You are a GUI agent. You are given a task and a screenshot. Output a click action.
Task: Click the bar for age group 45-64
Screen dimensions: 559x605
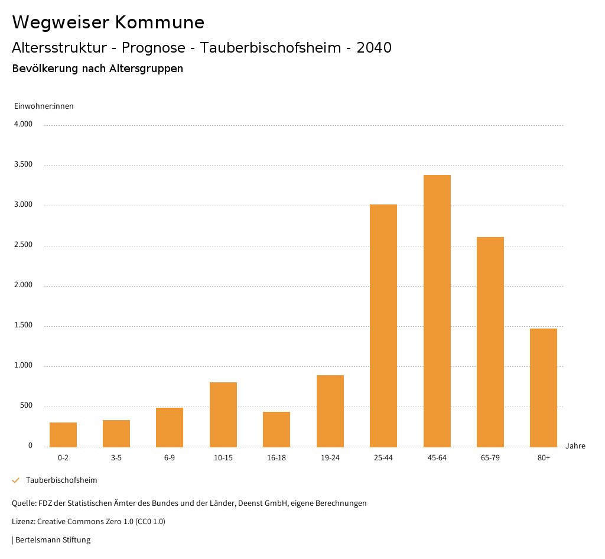(437, 311)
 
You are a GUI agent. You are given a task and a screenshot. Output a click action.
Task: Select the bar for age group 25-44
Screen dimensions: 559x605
(383, 326)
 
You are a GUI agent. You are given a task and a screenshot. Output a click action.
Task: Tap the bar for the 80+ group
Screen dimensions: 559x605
(544, 388)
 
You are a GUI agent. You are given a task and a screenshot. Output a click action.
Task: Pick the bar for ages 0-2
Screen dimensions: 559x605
(63, 435)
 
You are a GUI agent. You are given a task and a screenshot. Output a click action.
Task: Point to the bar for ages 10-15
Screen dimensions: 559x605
(223, 415)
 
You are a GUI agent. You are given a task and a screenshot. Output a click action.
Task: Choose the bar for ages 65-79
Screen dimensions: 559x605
(490, 342)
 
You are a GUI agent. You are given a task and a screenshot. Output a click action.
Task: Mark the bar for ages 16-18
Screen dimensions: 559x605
(277, 430)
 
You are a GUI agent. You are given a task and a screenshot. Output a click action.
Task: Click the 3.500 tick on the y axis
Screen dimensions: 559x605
(24, 165)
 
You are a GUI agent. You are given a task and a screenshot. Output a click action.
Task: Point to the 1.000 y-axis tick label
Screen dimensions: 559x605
(24, 366)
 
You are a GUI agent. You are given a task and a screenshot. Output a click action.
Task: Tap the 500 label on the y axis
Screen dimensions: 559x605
(26, 406)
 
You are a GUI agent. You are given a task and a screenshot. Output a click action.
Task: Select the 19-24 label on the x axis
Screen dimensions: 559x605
(330, 458)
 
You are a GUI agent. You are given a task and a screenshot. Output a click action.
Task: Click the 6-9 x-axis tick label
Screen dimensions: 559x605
(170, 458)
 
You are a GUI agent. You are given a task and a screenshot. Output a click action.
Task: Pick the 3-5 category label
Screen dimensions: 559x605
(116, 458)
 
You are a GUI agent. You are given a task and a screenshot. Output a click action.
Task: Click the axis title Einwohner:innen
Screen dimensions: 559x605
(44, 106)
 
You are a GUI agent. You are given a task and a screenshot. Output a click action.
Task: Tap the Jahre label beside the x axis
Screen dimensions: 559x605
(575, 446)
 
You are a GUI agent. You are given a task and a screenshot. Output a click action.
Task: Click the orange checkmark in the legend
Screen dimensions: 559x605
(16, 480)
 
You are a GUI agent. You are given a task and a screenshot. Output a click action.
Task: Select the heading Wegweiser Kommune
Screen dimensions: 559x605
(108, 22)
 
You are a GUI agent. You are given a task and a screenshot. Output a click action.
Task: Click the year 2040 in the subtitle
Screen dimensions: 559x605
(374, 48)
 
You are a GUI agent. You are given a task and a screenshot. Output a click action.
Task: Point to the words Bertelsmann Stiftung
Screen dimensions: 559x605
(53, 540)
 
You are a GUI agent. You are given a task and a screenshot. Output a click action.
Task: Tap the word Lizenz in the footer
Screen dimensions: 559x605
(23, 522)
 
